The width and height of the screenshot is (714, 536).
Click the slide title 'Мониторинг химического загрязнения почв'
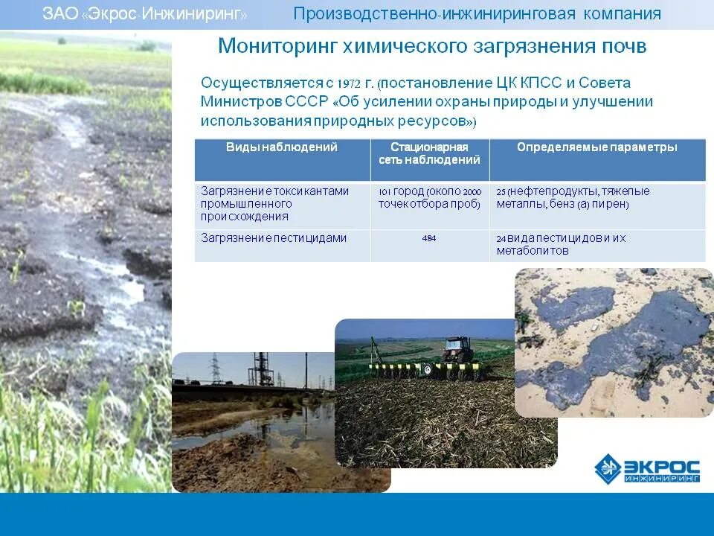pyautogui.click(x=432, y=47)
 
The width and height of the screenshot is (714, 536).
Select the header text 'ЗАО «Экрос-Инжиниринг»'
pyautogui.click(x=145, y=14)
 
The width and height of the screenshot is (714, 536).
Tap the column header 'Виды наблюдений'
pyautogui.click(x=282, y=147)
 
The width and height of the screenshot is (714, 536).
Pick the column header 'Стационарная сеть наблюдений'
pyautogui.click(x=429, y=153)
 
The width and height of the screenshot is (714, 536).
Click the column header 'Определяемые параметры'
pyautogui.click(x=596, y=147)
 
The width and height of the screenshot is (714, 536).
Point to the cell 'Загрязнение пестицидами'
pyautogui.click(x=274, y=238)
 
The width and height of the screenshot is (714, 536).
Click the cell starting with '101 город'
pyautogui.click(x=429, y=198)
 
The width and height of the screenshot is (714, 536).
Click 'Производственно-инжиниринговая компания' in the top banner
pyautogui.click(x=477, y=14)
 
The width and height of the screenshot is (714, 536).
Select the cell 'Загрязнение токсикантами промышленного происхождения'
pyautogui.click(x=274, y=204)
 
